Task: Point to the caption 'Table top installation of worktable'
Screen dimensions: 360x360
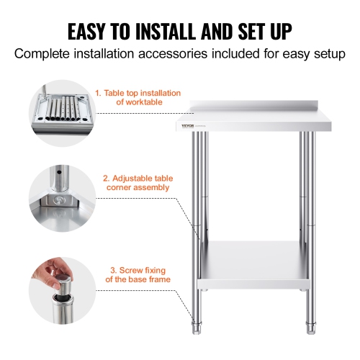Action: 138,98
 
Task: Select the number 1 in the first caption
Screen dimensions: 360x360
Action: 98,93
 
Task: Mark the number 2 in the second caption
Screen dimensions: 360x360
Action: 105,177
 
